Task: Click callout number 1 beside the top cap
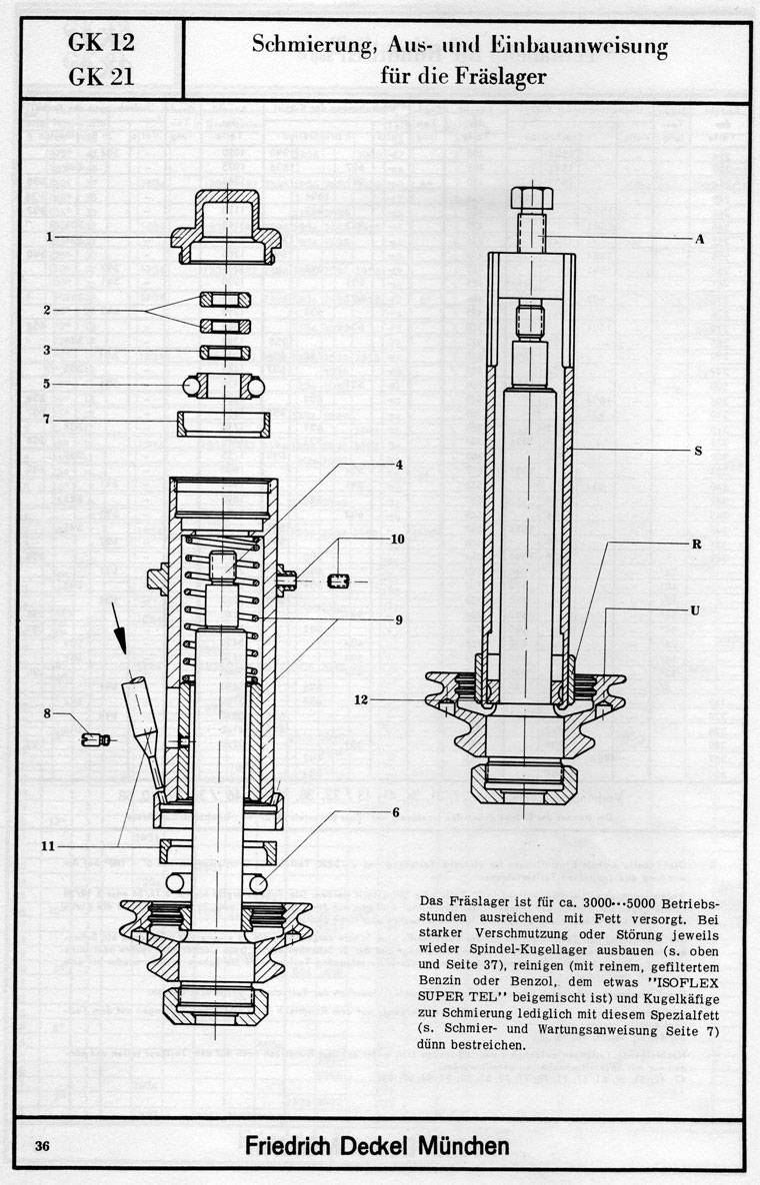(x=47, y=237)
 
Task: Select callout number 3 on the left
(x=47, y=350)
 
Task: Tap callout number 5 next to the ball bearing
(x=47, y=384)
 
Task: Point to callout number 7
(x=47, y=420)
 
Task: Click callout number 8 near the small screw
(x=47, y=712)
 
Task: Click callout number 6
(x=396, y=811)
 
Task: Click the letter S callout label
(x=698, y=451)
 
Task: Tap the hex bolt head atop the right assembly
(x=529, y=197)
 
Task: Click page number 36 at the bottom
(x=42, y=1146)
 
